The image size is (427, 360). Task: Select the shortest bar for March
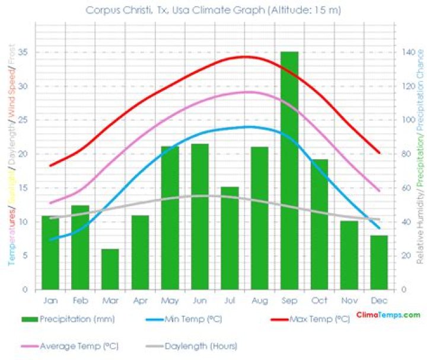click(x=110, y=269)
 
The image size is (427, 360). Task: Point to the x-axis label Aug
click(x=259, y=300)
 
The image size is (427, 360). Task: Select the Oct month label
click(x=319, y=300)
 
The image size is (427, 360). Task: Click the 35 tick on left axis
click(x=23, y=52)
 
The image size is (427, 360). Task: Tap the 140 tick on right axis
click(x=407, y=52)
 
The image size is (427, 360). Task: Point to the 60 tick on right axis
click(x=406, y=188)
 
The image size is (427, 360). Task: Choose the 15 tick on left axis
click(x=23, y=188)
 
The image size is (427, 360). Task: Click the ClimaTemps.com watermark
click(x=388, y=315)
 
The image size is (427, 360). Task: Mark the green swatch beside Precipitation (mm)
click(x=30, y=320)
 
